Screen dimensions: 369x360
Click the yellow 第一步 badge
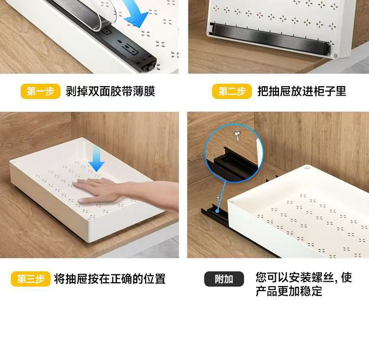pyautogui.click(x=40, y=91)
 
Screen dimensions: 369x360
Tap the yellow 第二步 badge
pyautogui.click(x=232, y=91)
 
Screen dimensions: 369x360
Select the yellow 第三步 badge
pyautogui.click(x=31, y=279)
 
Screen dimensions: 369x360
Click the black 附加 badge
pyautogui.click(x=224, y=279)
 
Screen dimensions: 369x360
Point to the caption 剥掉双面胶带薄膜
pyautogui.click(x=110, y=92)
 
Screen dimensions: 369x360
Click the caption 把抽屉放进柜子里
pyautogui.click(x=302, y=92)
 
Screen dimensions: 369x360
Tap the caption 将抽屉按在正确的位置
pyautogui.click(x=110, y=279)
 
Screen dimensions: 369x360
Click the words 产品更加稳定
pyautogui.click(x=289, y=291)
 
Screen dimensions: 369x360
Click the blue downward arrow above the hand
pyautogui.click(x=97, y=161)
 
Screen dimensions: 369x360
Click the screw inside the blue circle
pyautogui.click(x=237, y=135)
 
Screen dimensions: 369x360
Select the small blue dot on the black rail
pyautogui.click(x=217, y=211)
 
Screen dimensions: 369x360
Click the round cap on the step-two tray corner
pyautogui.click(x=335, y=56)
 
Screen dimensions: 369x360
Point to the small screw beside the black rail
pyautogui.click(x=218, y=198)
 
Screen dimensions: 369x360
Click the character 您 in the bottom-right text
pyautogui.click(x=261, y=278)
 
